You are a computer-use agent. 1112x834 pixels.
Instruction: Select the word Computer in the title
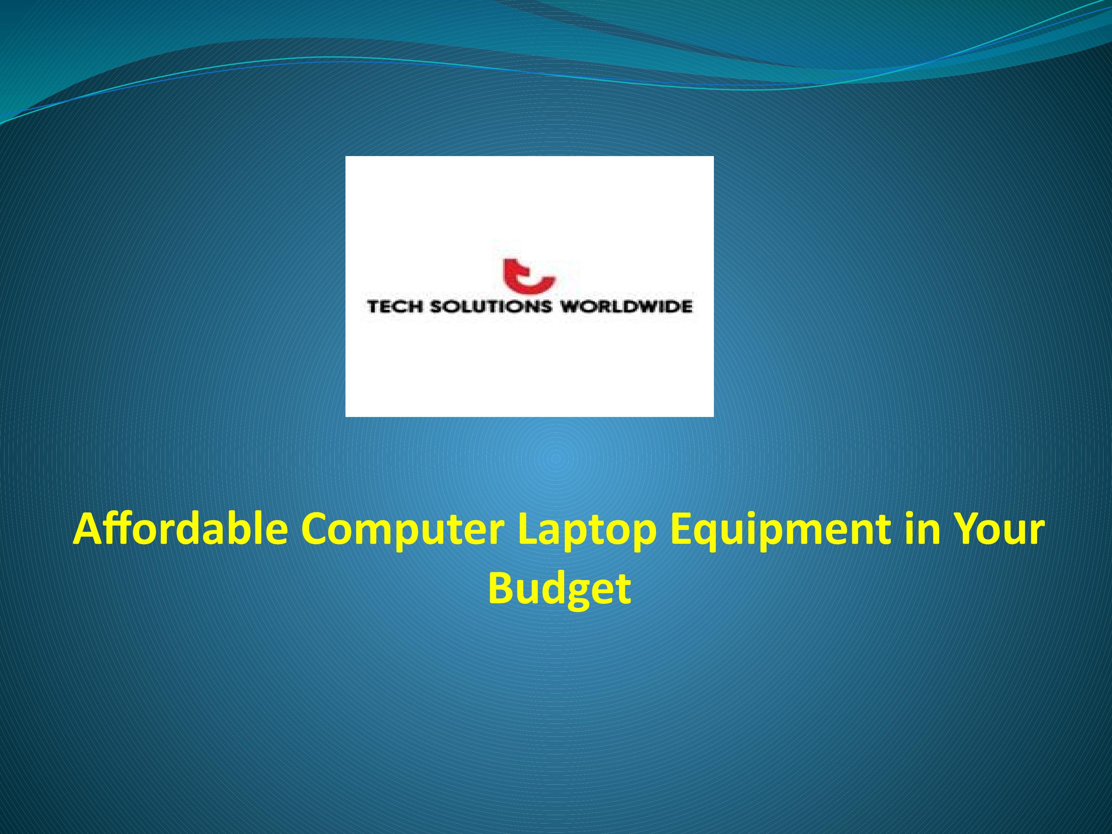402,530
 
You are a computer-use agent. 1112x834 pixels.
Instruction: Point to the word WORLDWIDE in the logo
626,307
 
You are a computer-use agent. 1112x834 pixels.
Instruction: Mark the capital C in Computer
315,530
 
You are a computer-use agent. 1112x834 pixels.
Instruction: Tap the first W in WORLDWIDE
570,307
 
